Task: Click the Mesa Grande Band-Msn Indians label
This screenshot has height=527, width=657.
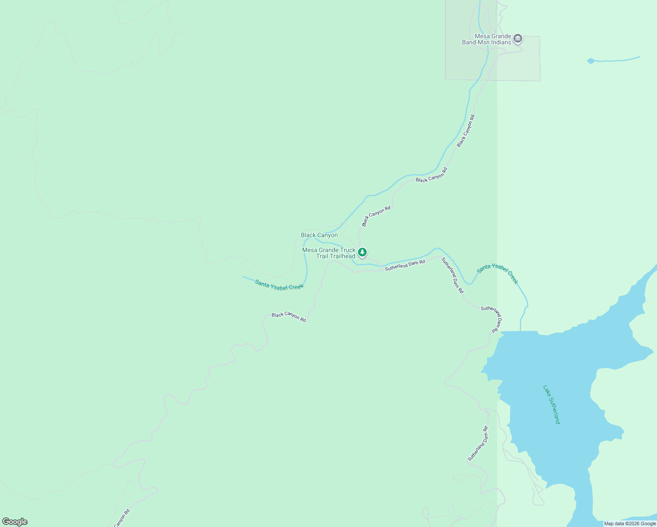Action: (x=487, y=40)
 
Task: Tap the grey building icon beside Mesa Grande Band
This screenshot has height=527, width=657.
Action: (x=518, y=39)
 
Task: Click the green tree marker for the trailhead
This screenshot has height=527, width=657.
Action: (x=362, y=253)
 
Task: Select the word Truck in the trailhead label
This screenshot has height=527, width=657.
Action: (x=347, y=250)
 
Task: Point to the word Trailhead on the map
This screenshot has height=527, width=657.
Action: (x=342, y=256)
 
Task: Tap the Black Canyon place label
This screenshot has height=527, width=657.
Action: (x=319, y=235)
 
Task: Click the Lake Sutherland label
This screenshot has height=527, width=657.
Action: (x=552, y=404)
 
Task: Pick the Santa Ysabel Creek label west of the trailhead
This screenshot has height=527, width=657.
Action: (x=279, y=285)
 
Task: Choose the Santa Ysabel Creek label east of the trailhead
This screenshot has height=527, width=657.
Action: (x=498, y=274)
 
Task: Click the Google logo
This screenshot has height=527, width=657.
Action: (x=15, y=522)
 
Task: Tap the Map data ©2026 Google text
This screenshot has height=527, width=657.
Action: (x=630, y=523)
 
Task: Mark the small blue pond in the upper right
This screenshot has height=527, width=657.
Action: (x=591, y=61)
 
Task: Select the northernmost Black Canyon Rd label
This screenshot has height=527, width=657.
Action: (x=466, y=131)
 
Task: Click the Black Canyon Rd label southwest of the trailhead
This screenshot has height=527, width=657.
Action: (x=289, y=317)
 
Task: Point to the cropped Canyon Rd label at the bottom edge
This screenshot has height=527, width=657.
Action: (x=122, y=518)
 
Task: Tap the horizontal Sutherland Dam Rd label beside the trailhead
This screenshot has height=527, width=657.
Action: (x=405, y=265)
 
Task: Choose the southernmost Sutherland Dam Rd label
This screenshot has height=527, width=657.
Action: (x=478, y=443)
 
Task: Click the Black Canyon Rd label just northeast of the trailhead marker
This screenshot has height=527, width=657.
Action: (x=376, y=217)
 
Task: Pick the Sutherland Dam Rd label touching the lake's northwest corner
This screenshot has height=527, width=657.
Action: (x=492, y=318)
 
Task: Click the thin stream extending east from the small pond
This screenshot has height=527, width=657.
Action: (x=619, y=59)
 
